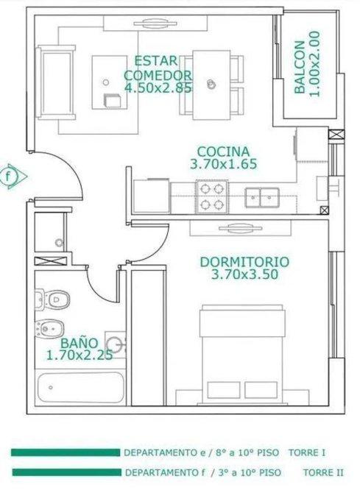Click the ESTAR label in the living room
pos(156,60)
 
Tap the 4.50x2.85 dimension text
pos(158,88)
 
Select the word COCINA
pos(223,152)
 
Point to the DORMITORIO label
pos(244,262)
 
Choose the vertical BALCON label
pos(300,67)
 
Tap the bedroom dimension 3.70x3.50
pos(244,274)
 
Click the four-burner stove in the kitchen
pos(212,196)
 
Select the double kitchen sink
pos(262,197)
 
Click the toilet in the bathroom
pos(52,299)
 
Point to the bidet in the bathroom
pos(50,329)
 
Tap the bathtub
pos(81,387)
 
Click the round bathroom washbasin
pos(115,345)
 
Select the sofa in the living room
pos(56,82)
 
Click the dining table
pos(212,85)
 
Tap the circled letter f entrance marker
pos(9,176)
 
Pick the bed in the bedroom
pos(242,355)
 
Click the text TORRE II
pos(323,472)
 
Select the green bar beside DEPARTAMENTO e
pos(66,453)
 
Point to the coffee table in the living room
pos(110,82)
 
